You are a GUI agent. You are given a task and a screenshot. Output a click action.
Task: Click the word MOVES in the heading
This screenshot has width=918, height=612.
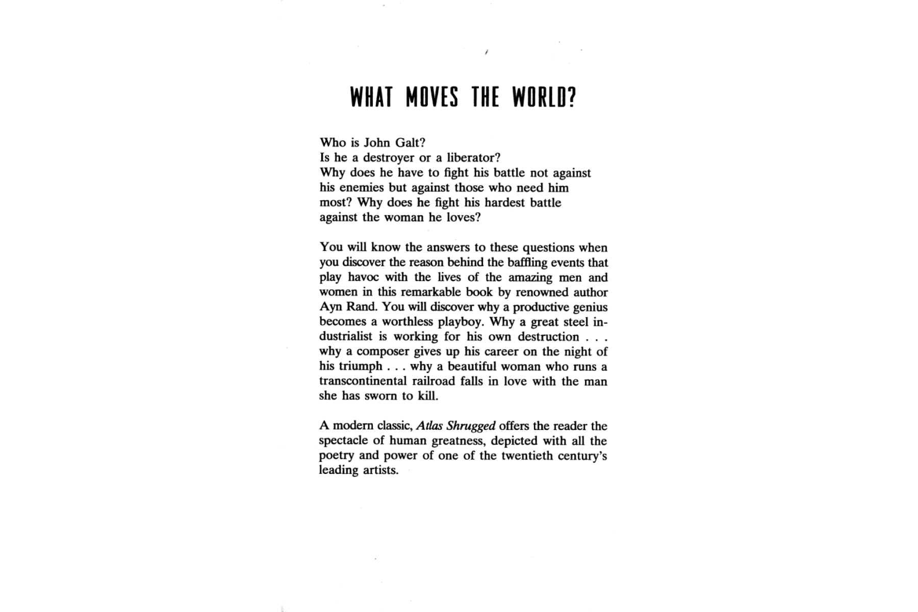432,97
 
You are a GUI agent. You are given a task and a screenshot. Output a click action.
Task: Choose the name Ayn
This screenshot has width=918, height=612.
329,308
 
